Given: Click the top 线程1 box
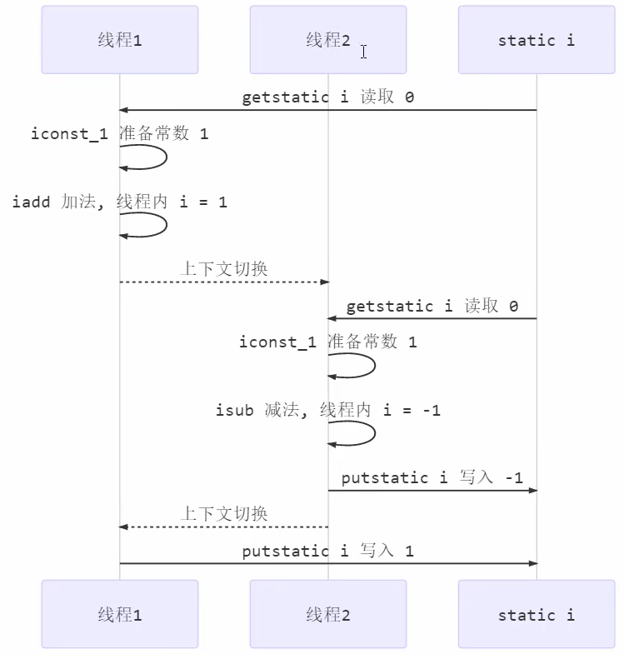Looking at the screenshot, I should pyautogui.click(x=119, y=40).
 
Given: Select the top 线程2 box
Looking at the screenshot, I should pyautogui.click(x=327, y=40).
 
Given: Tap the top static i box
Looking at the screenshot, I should pyautogui.click(x=536, y=40).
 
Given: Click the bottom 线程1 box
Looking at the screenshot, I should pyautogui.click(x=119, y=615).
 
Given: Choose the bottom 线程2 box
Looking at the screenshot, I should pyautogui.click(x=327, y=615).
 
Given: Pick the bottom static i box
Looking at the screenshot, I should pyautogui.click(x=536, y=615).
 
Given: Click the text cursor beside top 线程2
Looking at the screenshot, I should pyautogui.click(x=363, y=52).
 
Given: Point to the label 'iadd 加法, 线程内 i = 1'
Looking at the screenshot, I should pyautogui.click(x=119, y=202).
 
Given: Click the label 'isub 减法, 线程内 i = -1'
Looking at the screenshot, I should pyautogui.click(x=327, y=410).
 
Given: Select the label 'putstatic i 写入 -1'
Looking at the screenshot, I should pyautogui.click(x=432, y=477).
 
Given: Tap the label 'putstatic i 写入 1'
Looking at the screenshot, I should pyautogui.click(x=327, y=551).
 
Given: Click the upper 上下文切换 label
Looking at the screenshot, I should pyautogui.click(x=224, y=269).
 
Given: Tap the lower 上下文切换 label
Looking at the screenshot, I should pyautogui.click(x=224, y=514).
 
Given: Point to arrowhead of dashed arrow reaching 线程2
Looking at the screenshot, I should pyautogui.click(x=323, y=282).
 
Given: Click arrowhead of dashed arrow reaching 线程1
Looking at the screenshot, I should pyautogui.click(x=124, y=527).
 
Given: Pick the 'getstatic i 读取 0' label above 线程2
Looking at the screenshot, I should pyautogui.click(x=432, y=306).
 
